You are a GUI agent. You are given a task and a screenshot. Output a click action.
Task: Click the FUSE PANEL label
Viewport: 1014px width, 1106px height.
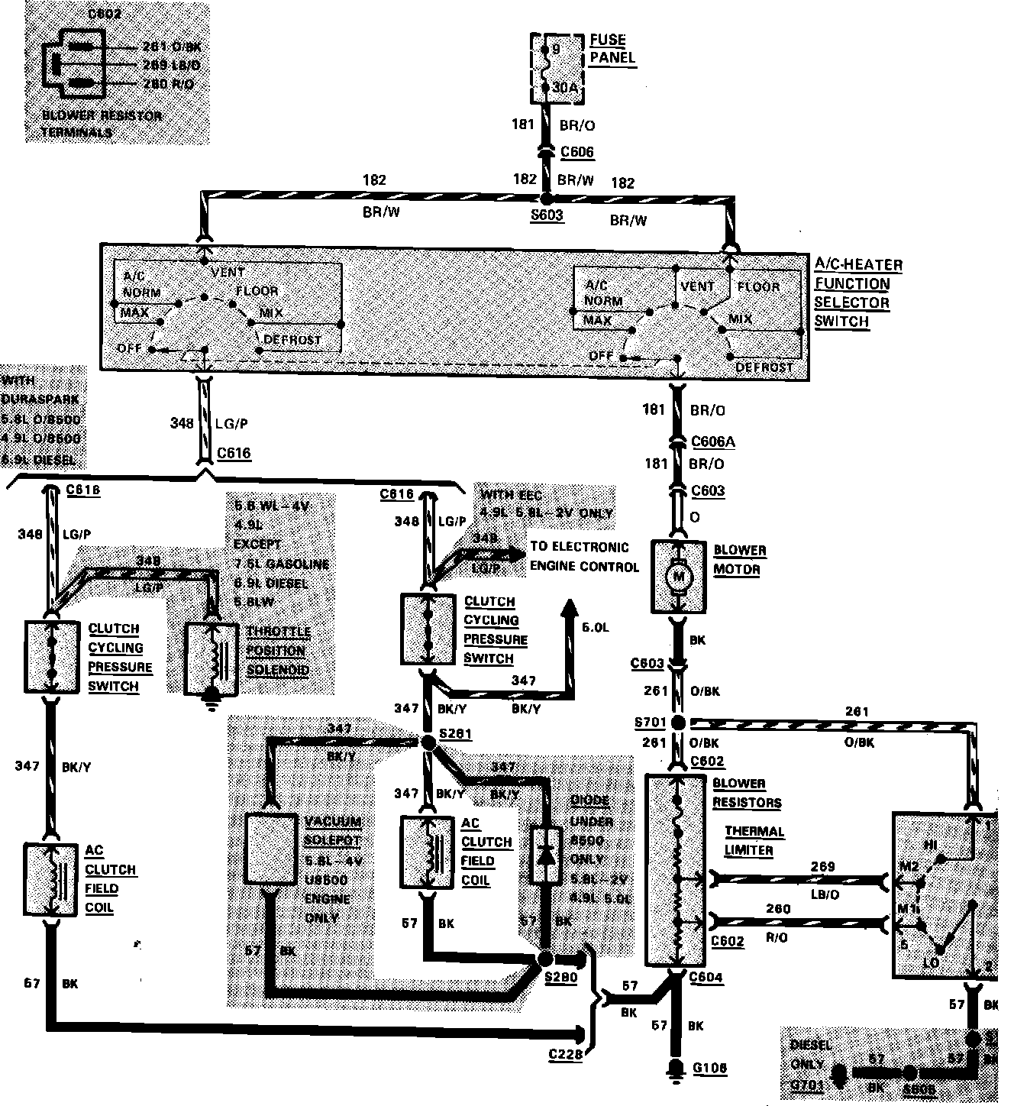click(612, 48)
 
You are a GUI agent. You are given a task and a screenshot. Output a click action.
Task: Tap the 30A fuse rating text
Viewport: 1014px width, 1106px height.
click(565, 88)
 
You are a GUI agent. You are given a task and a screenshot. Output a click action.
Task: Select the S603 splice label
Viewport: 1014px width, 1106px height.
click(546, 215)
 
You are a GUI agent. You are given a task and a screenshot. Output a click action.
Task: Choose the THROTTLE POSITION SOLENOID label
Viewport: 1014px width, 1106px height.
click(278, 651)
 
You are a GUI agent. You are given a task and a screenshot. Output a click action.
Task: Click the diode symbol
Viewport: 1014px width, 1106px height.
click(545, 855)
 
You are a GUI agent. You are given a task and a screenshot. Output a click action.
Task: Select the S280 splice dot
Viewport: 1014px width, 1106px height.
click(545, 959)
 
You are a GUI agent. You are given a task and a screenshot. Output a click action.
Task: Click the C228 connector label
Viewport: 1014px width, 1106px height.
click(566, 1055)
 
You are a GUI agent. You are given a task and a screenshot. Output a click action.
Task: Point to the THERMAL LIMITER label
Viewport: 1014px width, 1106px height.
click(754, 840)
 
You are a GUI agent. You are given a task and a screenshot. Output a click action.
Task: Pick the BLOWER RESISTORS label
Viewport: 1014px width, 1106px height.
click(746, 793)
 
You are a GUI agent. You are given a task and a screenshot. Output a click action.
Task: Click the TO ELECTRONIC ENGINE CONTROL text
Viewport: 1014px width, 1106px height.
click(584, 557)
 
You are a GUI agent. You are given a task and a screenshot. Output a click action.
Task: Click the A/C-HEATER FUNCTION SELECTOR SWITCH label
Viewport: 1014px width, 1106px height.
click(857, 293)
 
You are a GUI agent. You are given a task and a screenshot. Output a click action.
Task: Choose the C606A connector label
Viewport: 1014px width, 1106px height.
click(713, 441)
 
